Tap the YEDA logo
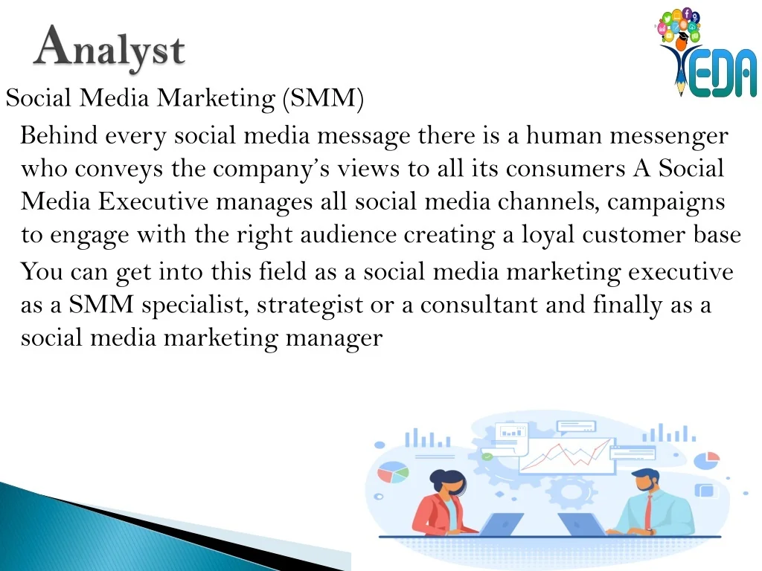707,53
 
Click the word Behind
59,135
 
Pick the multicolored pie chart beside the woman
393,472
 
